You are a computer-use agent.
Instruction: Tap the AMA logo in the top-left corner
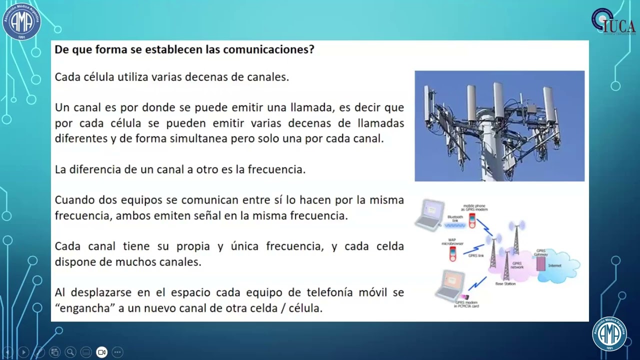pos(21,21)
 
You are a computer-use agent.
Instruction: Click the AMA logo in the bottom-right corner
pos(609,333)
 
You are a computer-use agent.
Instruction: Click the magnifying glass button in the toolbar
pos(70,352)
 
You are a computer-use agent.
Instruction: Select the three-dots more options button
pos(117,352)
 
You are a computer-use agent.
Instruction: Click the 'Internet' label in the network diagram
pos(554,265)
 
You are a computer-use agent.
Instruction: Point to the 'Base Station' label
pos(505,284)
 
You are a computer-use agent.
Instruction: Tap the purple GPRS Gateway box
pos(540,263)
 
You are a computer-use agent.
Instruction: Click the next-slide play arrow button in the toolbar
pos(23,352)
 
